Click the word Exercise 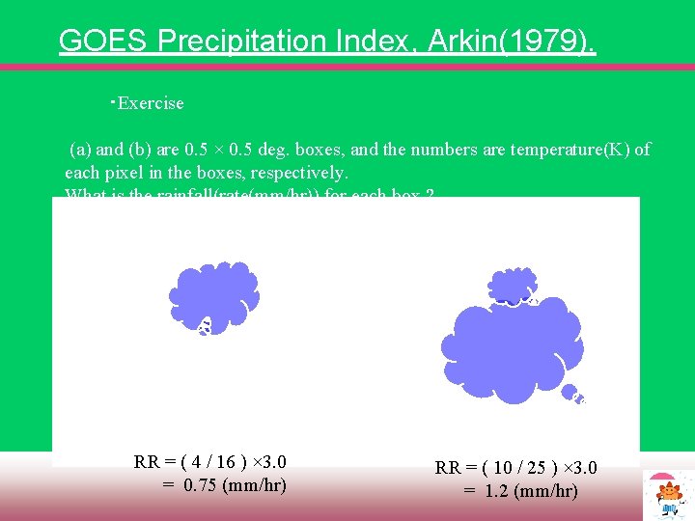click(150, 103)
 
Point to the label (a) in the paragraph click(80, 150)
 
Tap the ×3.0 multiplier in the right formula click(577, 468)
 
